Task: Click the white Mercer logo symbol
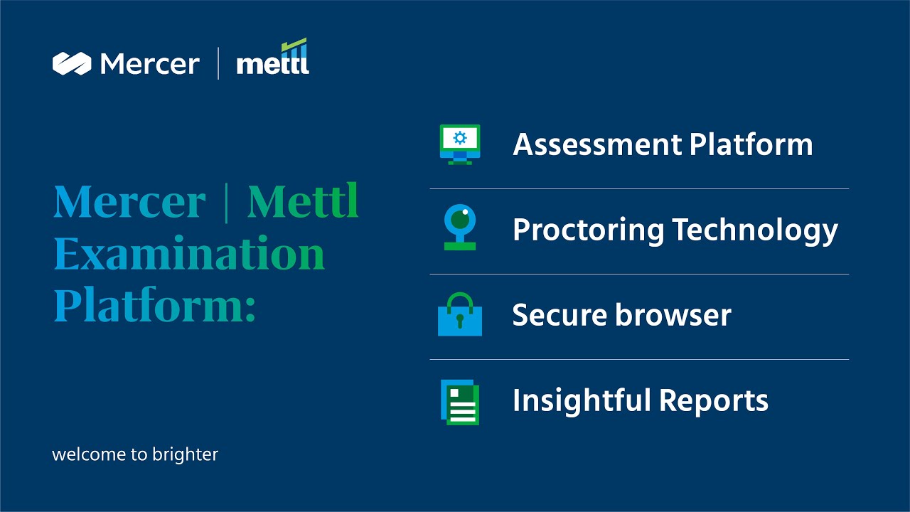coord(72,64)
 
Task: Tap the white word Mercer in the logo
coord(150,64)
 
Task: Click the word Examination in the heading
coord(189,253)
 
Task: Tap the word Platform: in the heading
coord(154,304)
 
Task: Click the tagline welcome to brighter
coord(135,454)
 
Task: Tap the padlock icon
coord(460,314)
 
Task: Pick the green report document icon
coord(460,402)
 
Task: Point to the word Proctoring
coord(588,230)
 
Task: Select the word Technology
coord(755,230)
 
